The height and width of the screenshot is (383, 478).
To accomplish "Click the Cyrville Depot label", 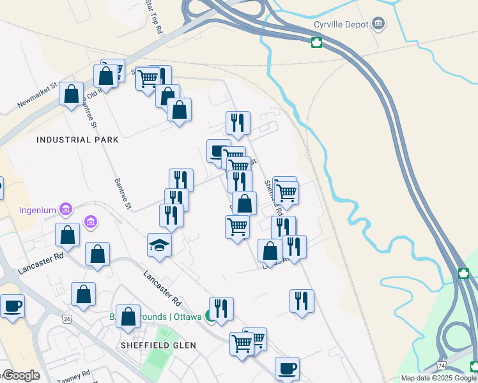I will (x=341, y=24).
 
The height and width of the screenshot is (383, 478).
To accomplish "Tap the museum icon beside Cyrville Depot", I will (x=379, y=24).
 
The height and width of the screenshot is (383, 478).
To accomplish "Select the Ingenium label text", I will (x=37, y=209).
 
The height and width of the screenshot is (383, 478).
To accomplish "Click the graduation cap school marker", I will (x=159, y=245).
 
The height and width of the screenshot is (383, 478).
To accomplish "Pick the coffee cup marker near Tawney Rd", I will (x=12, y=306).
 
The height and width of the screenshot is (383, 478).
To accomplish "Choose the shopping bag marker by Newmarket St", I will (x=72, y=94).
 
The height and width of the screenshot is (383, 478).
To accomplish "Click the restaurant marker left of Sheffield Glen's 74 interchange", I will (x=302, y=301).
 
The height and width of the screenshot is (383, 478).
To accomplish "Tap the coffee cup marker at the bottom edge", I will (x=287, y=369).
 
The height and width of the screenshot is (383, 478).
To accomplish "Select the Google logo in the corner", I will (x=21, y=375).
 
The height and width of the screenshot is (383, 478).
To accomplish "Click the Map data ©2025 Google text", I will (x=439, y=378).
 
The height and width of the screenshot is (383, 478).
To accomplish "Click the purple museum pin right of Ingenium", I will (x=91, y=222).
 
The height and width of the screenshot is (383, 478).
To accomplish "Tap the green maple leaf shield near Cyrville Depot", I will (x=316, y=43).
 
